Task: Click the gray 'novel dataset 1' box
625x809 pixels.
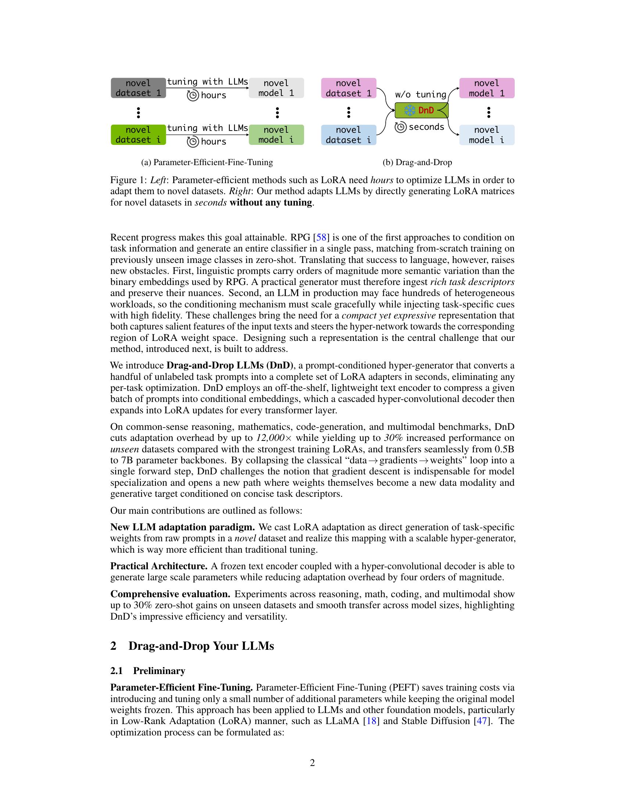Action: (138, 88)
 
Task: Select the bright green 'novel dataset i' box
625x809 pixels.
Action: (138, 135)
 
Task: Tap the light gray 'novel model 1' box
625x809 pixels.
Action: (276, 88)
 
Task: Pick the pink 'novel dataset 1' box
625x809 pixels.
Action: (349, 88)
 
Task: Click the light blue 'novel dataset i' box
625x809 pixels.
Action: (349, 135)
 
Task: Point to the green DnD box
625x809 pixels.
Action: (421, 110)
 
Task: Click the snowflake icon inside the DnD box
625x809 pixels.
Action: (410, 110)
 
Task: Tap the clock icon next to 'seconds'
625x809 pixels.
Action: (400, 127)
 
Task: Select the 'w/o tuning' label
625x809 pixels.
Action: (421, 95)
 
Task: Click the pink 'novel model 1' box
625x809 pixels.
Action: (486, 88)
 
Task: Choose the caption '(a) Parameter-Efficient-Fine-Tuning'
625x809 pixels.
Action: (207, 162)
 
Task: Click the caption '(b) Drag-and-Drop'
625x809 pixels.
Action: (417, 162)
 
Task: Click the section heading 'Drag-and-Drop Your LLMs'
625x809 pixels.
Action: (201, 646)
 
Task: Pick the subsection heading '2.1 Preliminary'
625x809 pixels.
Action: (148, 671)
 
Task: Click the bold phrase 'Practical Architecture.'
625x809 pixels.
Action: (159, 566)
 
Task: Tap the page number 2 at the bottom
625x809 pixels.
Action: (312, 763)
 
